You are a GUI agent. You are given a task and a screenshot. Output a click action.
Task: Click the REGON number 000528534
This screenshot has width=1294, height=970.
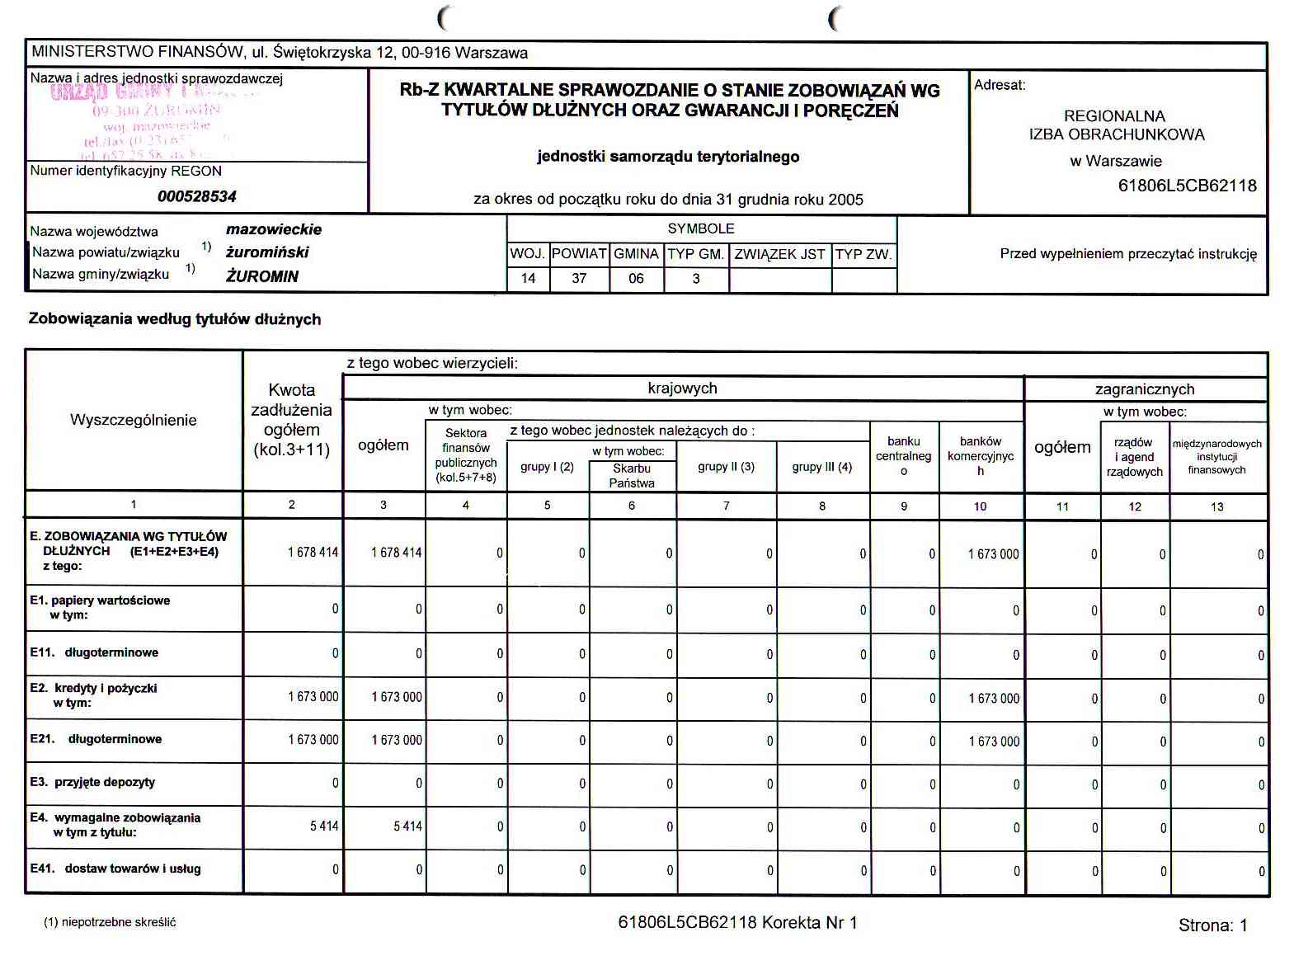tap(197, 196)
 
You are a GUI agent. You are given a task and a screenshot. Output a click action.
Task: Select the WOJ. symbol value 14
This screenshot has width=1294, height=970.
tap(529, 279)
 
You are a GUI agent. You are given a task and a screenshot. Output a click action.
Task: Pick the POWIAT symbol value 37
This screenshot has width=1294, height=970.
tap(579, 279)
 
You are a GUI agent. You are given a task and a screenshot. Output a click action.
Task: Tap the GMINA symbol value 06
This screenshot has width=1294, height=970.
tap(636, 279)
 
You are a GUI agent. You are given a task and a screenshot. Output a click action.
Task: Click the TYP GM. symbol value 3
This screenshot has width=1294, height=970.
tap(696, 279)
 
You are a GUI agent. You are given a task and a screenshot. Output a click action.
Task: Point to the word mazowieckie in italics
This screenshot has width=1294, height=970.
tap(274, 230)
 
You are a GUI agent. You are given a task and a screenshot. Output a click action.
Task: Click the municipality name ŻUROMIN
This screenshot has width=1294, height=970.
tap(262, 276)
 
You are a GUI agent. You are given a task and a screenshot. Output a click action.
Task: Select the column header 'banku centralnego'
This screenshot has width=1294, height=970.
tap(904, 456)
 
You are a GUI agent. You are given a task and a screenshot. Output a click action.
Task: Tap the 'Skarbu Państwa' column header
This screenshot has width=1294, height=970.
tap(632, 476)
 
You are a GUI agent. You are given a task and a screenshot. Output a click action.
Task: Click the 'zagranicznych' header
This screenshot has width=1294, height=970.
tap(1145, 389)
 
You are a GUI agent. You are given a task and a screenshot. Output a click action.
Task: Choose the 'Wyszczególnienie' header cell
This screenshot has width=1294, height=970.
tap(134, 420)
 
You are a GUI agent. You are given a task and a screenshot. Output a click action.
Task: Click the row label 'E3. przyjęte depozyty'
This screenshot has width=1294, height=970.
tap(92, 782)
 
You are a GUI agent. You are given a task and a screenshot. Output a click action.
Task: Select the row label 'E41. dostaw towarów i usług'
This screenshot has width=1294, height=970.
tap(115, 869)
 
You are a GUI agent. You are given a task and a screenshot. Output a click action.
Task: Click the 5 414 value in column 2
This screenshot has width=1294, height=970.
tap(324, 826)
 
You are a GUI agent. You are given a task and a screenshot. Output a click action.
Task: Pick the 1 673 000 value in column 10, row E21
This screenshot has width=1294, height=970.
tap(994, 742)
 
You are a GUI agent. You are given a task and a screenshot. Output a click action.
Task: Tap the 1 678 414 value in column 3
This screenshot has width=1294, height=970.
tap(397, 553)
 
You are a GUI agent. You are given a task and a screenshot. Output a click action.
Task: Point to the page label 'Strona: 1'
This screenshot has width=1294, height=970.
tap(1212, 925)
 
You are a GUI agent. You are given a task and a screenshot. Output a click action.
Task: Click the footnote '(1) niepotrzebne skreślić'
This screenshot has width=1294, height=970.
tap(110, 922)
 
